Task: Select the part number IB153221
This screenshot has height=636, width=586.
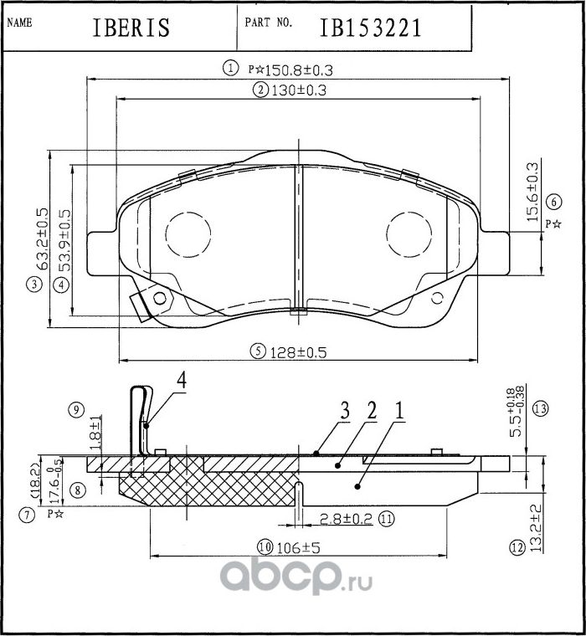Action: tap(370, 27)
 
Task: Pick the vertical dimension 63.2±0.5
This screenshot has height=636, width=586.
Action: tap(42, 238)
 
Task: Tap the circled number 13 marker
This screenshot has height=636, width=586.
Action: tap(541, 408)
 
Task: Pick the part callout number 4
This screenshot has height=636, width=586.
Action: tap(181, 380)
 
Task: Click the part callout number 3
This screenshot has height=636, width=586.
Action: tap(344, 411)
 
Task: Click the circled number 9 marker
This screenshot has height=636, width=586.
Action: tap(76, 410)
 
